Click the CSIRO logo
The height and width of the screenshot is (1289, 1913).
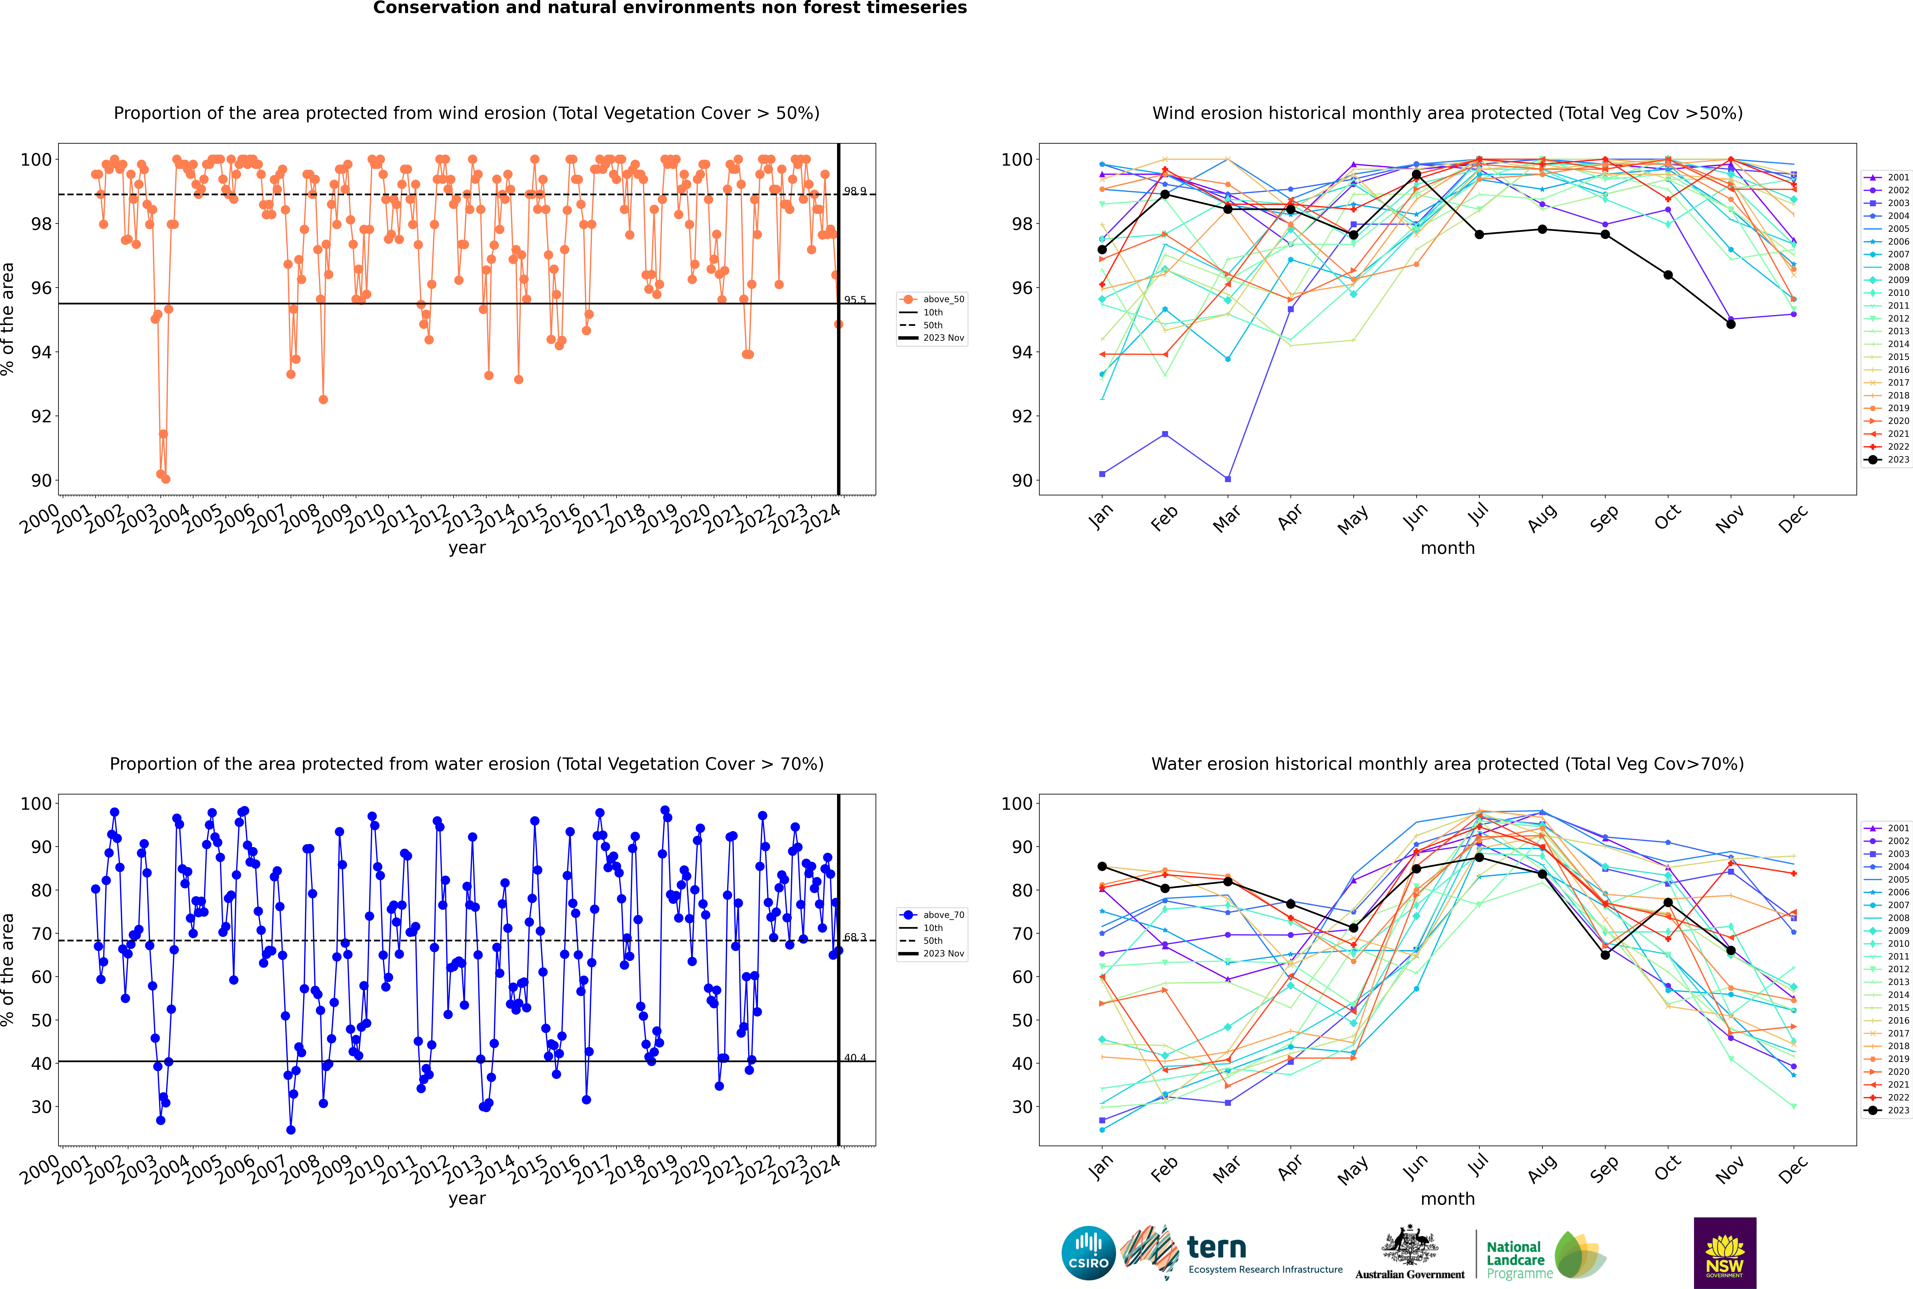(x=1088, y=1253)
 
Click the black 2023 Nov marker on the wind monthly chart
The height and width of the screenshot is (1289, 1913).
(x=1730, y=324)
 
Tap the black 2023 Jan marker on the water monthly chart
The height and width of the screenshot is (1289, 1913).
(x=1102, y=866)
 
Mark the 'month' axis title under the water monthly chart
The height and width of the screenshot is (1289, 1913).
(x=1447, y=1199)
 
